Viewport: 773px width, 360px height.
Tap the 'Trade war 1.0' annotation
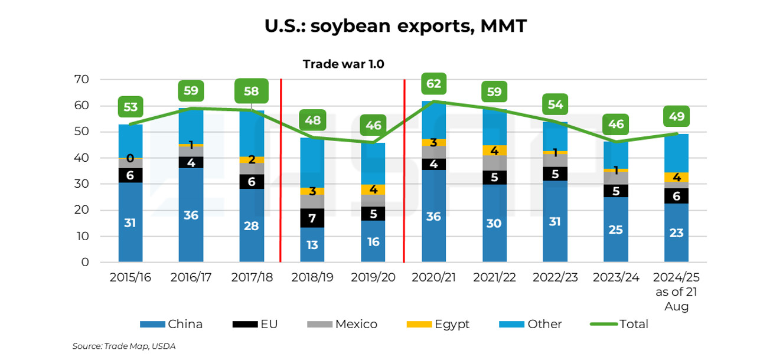[343, 64]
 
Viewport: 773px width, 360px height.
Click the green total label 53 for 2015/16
[131, 107]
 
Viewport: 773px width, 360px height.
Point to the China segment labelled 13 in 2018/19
[312, 244]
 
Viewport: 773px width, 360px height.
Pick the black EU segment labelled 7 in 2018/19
[312, 218]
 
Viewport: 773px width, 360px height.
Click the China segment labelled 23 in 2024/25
[676, 233]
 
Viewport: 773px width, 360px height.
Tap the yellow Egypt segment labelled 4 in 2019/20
[373, 189]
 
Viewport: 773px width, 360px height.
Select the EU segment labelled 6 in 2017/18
[252, 182]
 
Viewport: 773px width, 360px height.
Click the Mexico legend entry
[342, 324]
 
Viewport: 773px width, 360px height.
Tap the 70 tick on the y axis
[81, 80]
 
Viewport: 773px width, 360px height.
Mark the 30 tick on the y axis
[81, 184]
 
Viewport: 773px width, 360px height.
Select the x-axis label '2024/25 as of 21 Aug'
[676, 292]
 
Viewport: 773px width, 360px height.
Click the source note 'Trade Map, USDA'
[123, 346]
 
